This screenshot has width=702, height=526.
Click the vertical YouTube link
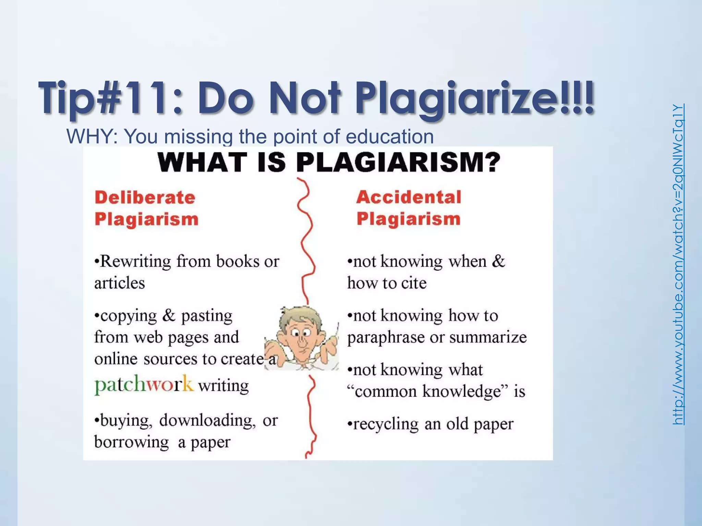678,264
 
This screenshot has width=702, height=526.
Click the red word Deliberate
145,198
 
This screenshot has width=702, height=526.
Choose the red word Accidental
409,197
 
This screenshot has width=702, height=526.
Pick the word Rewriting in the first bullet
135,262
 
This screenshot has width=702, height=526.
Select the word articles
120,283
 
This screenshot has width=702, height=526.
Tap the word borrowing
132,442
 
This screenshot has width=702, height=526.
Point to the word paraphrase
386,338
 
